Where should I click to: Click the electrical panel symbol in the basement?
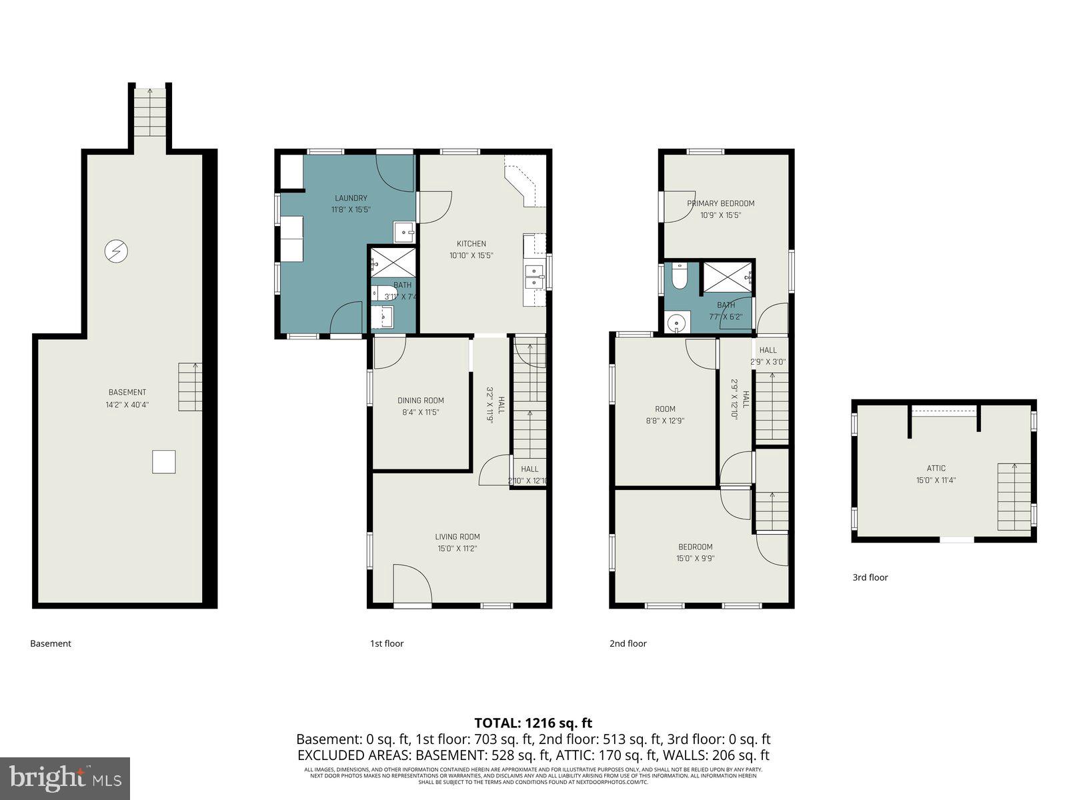click(x=116, y=251)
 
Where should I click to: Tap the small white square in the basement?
click(x=163, y=462)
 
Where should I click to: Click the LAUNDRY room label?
click(x=351, y=198)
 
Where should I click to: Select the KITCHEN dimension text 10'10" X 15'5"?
click(x=471, y=255)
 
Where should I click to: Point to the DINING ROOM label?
click(x=420, y=401)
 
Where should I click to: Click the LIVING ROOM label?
click(x=457, y=537)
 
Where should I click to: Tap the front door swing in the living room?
click(x=411, y=584)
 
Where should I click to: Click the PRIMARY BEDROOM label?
click(x=720, y=203)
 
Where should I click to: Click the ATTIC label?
click(x=936, y=468)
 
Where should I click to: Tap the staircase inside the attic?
click(x=1014, y=497)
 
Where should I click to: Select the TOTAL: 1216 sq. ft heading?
click(x=533, y=723)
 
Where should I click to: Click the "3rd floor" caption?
click(x=870, y=577)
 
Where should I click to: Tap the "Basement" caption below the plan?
click(x=51, y=643)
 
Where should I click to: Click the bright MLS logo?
click(x=65, y=777)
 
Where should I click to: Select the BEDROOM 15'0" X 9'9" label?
click(x=696, y=553)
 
